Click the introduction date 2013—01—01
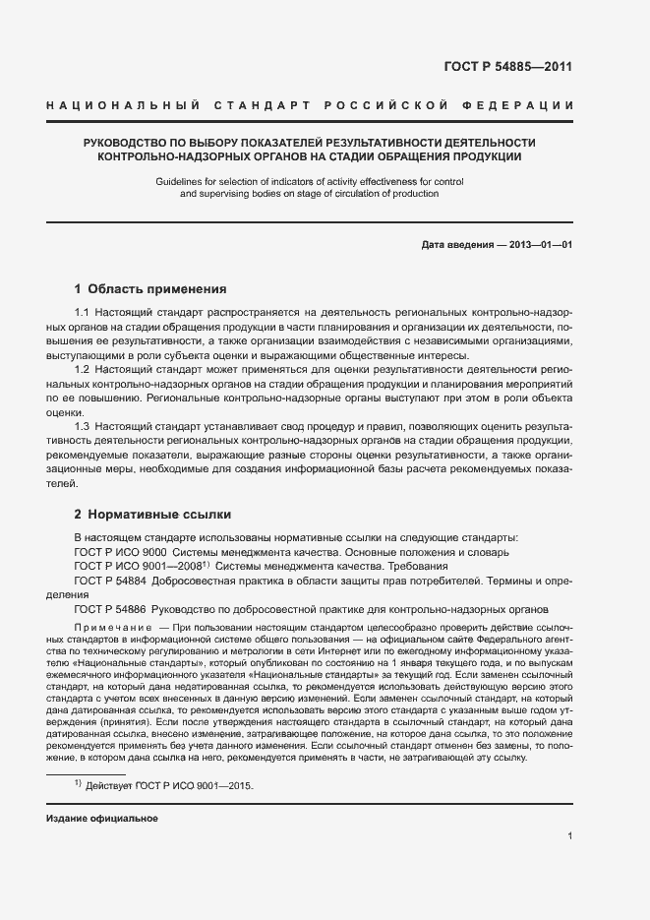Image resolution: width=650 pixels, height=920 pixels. (540, 242)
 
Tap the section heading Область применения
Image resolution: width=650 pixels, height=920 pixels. (157, 289)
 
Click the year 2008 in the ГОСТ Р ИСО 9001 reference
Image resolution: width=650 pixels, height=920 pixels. (189, 567)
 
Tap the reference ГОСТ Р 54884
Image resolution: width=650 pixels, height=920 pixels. (110, 581)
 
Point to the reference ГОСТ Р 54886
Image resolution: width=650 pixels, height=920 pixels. (110, 609)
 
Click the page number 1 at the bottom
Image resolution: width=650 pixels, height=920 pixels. (569, 836)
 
